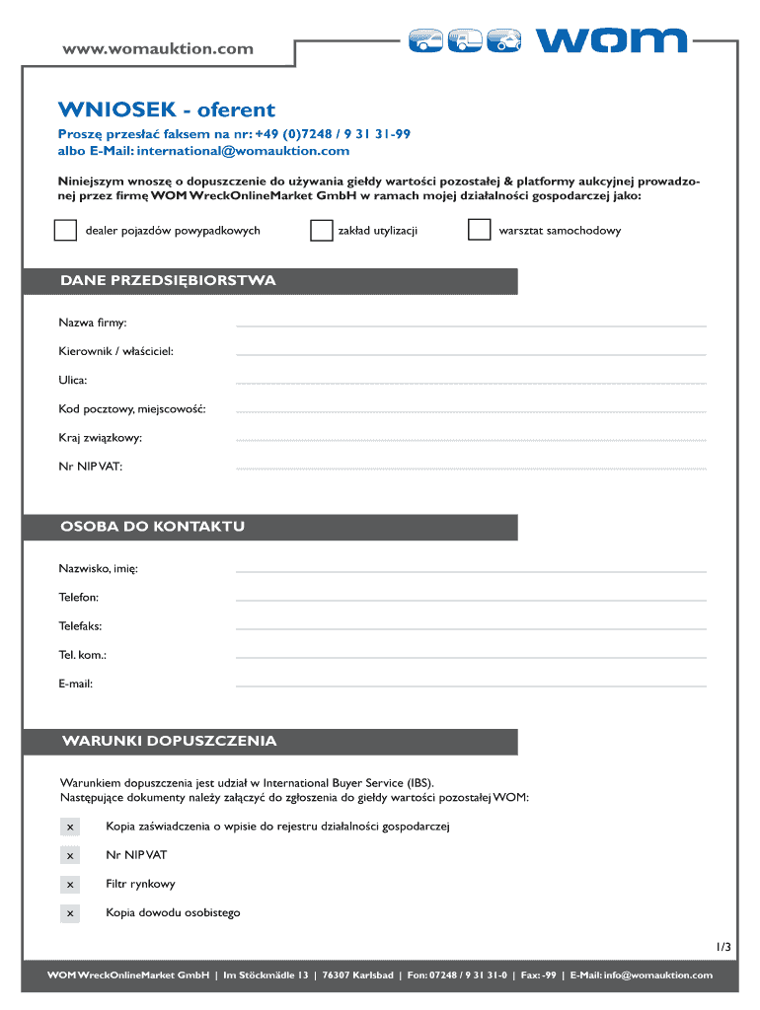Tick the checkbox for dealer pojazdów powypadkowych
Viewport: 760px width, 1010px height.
65,231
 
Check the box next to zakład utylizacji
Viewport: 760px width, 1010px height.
321,231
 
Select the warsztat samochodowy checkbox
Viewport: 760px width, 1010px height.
479,231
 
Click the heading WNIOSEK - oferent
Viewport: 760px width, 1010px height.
166,109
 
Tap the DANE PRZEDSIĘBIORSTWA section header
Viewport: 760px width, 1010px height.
168,281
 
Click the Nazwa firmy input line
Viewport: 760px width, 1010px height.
472,325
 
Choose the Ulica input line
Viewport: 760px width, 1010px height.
472,382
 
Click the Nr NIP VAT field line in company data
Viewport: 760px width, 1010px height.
472,468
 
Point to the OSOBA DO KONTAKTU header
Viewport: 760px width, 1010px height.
153,527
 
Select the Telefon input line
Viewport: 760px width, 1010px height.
472,599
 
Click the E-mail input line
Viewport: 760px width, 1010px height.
472,685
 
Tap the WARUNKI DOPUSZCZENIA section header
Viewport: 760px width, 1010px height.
169,741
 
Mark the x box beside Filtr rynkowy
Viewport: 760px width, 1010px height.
70,885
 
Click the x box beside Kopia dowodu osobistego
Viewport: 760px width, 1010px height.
70,914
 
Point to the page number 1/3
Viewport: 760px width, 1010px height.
724,947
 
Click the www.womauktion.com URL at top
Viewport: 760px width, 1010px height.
158,48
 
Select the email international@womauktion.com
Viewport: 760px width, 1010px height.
244,151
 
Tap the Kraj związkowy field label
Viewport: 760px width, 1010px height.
100,437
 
